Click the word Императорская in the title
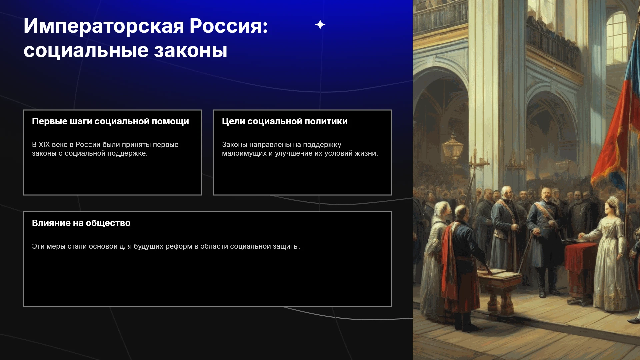[104, 26]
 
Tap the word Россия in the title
[228, 26]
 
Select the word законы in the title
[191, 51]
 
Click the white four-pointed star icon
[320, 25]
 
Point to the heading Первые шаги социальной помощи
[110, 121]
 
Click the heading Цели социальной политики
[285, 121]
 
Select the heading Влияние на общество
[81, 223]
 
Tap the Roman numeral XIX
[44, 145]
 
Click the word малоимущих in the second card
[244, 154]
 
